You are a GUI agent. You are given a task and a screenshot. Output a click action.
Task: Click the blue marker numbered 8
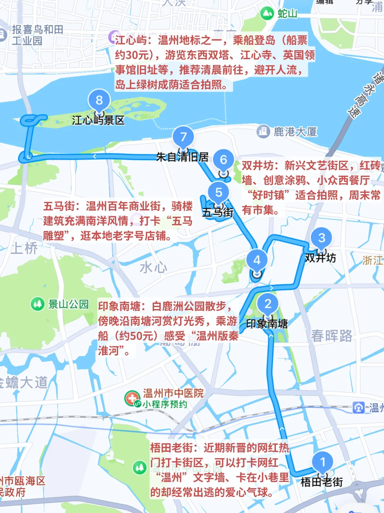click(99, 100)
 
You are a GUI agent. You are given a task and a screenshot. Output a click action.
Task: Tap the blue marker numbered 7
click(183, 137)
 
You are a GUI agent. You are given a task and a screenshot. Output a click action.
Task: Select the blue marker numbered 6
click(223, 160)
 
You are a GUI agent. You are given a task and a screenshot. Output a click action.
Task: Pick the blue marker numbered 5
click(219, 192)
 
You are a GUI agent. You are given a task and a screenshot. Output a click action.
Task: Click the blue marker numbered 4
click(257, 260)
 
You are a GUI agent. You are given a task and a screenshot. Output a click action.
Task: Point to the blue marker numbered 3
click(321, 238)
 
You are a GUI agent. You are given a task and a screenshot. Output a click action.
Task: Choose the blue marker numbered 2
click(268, 304)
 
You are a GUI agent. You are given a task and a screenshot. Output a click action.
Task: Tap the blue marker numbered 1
click(322, 462)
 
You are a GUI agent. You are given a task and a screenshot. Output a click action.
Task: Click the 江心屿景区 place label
click(98, 120)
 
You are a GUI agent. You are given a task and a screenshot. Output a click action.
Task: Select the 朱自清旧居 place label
click(182, 157)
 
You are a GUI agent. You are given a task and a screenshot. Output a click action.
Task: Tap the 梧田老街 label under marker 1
click(322, 482)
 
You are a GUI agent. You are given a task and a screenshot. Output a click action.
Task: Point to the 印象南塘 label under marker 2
click(267, 324)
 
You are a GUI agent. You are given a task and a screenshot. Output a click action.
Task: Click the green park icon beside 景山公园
click(37, 304)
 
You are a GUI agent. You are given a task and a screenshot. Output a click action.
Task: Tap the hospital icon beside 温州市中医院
click(132, 398)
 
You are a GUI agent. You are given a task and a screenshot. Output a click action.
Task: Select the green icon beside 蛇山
click(267, 14)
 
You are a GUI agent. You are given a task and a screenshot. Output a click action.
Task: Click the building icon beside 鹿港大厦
click(263, 132)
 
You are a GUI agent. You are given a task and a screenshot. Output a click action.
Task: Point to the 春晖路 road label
click(331, 336)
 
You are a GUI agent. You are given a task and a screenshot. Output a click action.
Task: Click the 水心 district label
click(153, 267)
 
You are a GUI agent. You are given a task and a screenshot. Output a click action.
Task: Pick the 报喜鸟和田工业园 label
click(37, 35)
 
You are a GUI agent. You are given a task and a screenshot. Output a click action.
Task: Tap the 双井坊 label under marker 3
click(320, 258)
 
